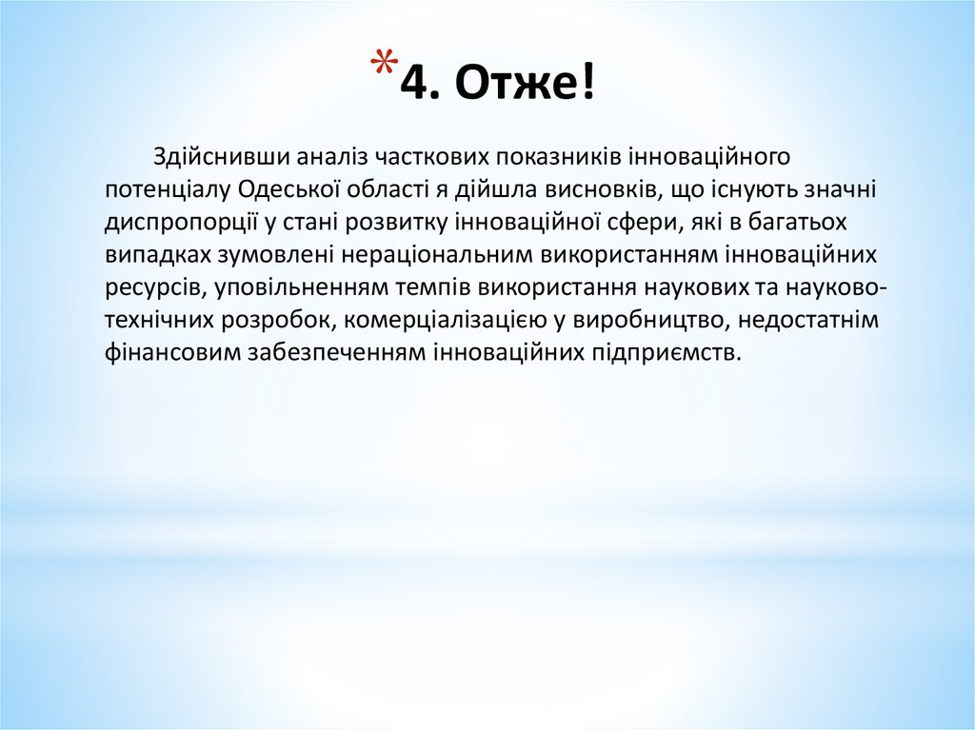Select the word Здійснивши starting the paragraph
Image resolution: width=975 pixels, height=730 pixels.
pos(218,156)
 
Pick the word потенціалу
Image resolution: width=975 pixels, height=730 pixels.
pos(166,189)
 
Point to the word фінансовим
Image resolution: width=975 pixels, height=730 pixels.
pos(172,352)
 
